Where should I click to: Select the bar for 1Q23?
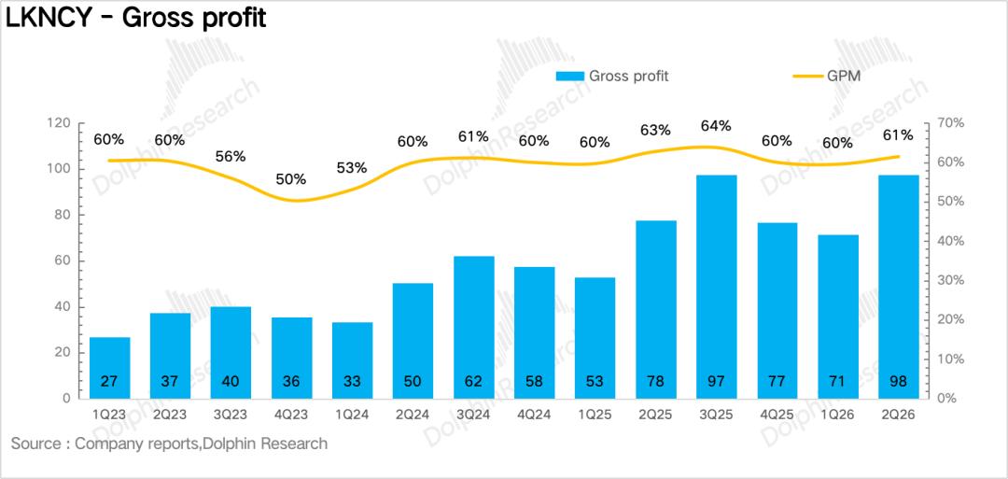(x=109, y=368)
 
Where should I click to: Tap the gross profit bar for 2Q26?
(x=898, y=287)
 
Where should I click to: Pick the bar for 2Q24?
(x=413, y=341)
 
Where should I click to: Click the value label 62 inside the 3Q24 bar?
(x=473, y=381)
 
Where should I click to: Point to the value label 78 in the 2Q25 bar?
(x=655, y=381)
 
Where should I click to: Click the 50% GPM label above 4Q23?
(x=291, y=179)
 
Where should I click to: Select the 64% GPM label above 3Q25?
(x=716, y=126)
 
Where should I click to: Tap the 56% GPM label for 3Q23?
(x=231, y=156)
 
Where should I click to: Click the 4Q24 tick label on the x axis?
(x=534, y=415)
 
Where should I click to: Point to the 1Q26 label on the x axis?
(x=837, y=415)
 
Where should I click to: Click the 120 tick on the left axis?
(x=59, y=123)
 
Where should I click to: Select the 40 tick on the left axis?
(x=63, y=306)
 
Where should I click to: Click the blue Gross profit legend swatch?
(x=570, y=76)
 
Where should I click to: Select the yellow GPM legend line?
(x=807, y=77)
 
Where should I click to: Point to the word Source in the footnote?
(x=35, y=444)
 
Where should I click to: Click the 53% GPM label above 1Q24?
(x=352, y=168)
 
